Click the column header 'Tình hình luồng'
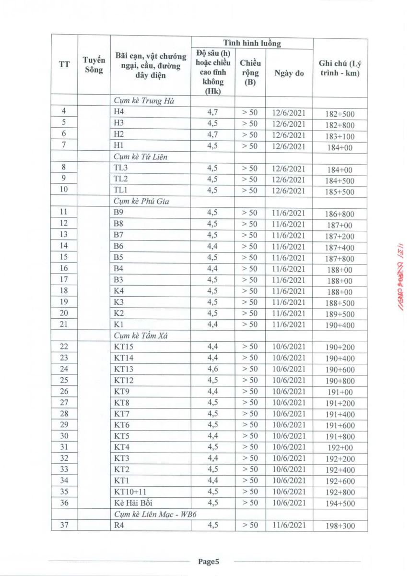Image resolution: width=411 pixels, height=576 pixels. [252, 43]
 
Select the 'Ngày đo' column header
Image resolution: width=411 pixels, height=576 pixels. [289, 73]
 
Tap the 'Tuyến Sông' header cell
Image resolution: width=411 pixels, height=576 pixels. [94, 65]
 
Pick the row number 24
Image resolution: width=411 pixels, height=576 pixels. [64, 369]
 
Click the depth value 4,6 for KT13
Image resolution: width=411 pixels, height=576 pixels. [212, 369]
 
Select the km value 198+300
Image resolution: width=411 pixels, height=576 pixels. [341, 526]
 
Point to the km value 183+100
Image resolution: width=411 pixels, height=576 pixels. [341, 136]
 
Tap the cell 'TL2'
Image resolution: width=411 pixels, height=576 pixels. [121, 179]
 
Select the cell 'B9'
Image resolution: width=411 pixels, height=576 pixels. [119, 213]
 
